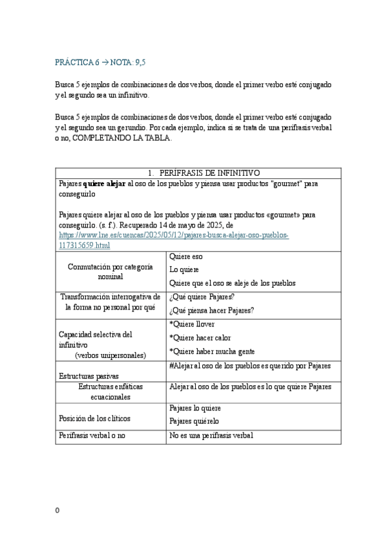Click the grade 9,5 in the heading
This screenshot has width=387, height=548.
pyautogui.click(x=146, y=62)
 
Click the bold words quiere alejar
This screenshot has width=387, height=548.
pyautogui.click(x=105, y=184)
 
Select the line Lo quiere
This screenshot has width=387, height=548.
pyautogui.click(x=184, y=269)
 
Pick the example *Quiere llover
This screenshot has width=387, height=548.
pyautogui.click(x=192, y=324)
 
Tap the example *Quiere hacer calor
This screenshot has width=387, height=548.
pyautogui.click(x=200, y=337)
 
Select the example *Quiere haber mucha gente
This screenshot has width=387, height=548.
pyautogui.click(x=212, y=352)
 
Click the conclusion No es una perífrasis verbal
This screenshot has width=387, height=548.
pyautogui.click(x=211, y=436)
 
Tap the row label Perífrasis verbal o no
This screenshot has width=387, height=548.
pyautogui.click(x=91, y=436)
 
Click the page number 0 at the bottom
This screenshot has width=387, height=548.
pyautogui.click(x=58, y=511)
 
